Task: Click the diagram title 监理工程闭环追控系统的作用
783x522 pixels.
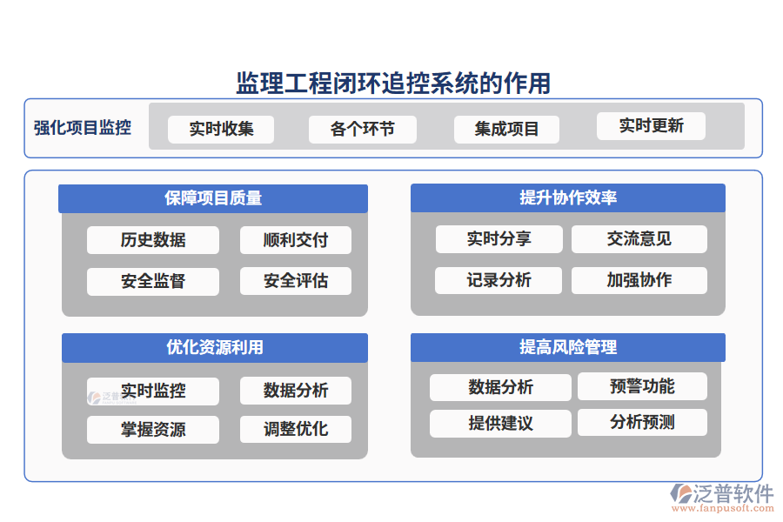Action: pos(393,84)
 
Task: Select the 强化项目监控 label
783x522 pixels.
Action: pos(83,128)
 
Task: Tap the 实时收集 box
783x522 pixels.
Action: pos(221,130)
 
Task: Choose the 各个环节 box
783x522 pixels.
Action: pos(362,130)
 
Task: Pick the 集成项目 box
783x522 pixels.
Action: pos(507,130)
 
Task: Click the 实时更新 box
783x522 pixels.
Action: pos(651,126)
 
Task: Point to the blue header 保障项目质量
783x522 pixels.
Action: pos(213,198)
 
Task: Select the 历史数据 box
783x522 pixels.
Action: pos(153,240)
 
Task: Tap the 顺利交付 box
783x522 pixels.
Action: pos(296,240)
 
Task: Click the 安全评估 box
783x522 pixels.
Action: pos(296,281)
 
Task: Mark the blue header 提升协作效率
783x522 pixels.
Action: pos(568,197)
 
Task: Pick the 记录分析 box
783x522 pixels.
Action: pos(499,280)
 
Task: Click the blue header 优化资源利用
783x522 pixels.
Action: pos(215,348)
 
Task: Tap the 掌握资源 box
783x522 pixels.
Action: pos(153,430)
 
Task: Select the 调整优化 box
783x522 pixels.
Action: pos(296,429)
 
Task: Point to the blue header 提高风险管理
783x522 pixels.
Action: pos(568,347)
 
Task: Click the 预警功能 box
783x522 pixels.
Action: pos(642,386)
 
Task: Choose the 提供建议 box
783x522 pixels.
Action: pos(500,424)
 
